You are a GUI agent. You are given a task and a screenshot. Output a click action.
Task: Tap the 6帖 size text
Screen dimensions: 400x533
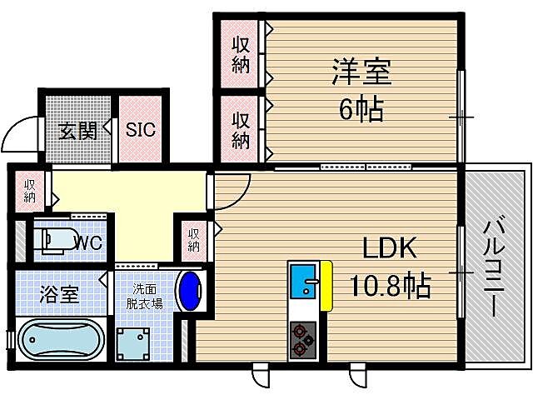(x=361, y=107)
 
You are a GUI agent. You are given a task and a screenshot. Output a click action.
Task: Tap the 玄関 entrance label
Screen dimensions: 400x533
(x=78, y=130)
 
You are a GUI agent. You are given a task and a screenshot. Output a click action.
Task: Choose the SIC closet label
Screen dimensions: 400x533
(x=141, y=130)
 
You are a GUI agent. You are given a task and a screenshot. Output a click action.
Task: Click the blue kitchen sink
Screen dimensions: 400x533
(x=304, y=284)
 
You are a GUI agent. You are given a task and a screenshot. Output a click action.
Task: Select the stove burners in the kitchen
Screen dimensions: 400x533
(x=303, y=339)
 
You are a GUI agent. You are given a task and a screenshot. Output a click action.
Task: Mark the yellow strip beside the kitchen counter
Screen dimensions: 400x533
(x=327, y=283)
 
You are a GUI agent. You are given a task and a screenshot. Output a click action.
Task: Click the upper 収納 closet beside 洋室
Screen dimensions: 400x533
(x=240, y=52)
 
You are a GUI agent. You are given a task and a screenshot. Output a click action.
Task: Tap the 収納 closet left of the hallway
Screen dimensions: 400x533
(x=30, y=191)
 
